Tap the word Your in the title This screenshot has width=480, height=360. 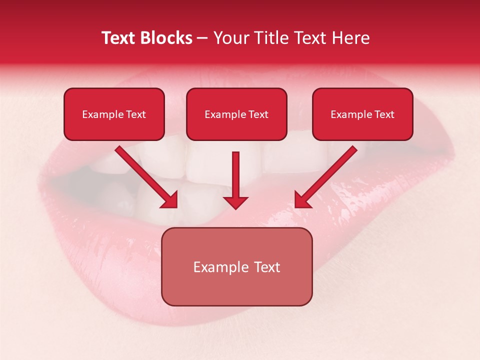(x=231, y=38)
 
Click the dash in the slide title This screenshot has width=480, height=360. (x=202, y=38)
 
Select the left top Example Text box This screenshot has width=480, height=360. (x=114, y=114)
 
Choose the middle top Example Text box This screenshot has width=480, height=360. (x=236, y=114)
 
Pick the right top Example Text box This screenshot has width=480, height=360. (x=362, y=114)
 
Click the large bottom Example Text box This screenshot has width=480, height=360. (x=236, y=266)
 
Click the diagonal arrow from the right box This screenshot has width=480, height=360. (x=327, y=175)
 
